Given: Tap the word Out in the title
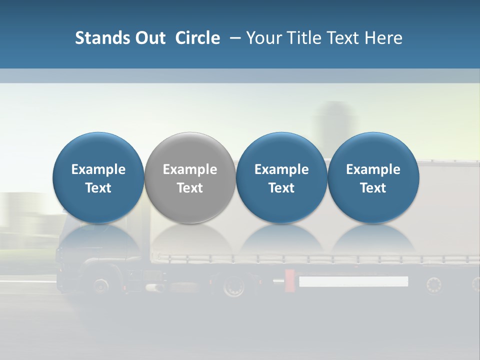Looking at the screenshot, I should click(149, 38).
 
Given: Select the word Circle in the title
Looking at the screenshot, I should click(197, 38).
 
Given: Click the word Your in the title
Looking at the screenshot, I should click(263, 38).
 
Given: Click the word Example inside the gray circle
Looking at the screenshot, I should click(190, 169).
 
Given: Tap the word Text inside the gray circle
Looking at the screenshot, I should click(190, 188).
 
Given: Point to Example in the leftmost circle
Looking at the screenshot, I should click(98, 169).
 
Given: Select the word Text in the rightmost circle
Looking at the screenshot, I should click(373, 188).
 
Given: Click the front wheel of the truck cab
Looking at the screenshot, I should click(100, 285).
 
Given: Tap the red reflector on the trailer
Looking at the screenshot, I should click(289, 280).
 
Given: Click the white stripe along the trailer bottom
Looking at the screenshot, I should click(353, 281).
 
